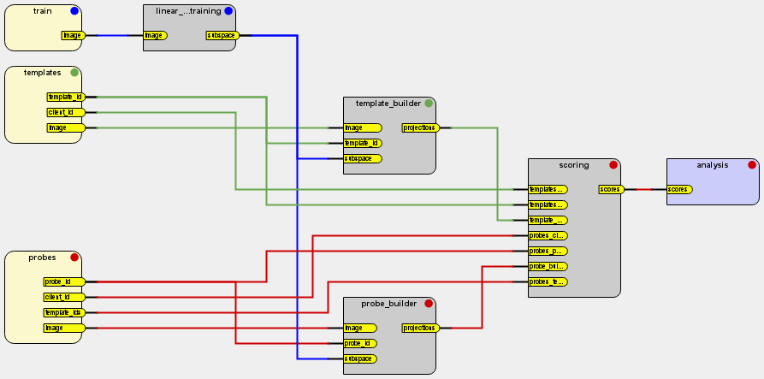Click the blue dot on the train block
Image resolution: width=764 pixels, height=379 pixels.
click(x=74, y=11)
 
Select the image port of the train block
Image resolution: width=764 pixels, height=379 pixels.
click(x=73, y=36)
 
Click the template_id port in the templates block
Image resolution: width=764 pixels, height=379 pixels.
click(x=65, y=97)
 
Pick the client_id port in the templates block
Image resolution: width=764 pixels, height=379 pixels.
click(x=65, y=112)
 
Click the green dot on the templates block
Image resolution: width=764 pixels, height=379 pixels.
click(x=74, y=73)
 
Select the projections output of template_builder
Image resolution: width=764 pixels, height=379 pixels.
click(x=420, y=127)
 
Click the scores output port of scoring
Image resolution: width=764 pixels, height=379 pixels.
click(x=610, y=189)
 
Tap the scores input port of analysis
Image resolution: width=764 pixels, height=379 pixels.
click(x=679, y=189)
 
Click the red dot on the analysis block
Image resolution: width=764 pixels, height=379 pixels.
click(x=752, y=165)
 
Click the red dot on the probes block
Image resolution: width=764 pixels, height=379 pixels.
click(x=74, y=258)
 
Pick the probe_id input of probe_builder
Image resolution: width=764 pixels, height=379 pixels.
click(x=359, y=343)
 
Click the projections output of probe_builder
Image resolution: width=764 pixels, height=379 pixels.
click(x=420, y=328)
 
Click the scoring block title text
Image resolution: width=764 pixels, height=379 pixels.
click(x=573, y=165)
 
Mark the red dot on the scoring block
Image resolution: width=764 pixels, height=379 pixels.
click(x=613, y=165)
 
